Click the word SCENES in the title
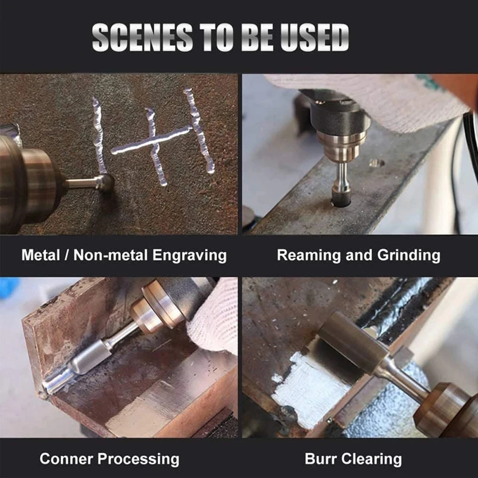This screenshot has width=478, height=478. pyautogui.click(x=142, y=37)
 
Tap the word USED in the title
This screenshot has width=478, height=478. pyautogui.click(x=315, y=37)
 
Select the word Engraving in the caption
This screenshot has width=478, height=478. pyautogui.click(x=189, y=255)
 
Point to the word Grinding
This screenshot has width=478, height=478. pyautogui.click(x=408, y=255)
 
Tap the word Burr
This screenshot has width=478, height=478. pyautogui.click(x=319, y=459)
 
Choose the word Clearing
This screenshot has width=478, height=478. pyautogui.click(x=371, y=459)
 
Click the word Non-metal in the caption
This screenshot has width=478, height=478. pyautogui.click(x=110, y=255)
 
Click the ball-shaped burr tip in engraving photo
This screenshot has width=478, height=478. pyautogui.click(x=106, y=182)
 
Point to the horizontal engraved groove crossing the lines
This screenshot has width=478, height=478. pyautogui.click(x=151, y=140)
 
